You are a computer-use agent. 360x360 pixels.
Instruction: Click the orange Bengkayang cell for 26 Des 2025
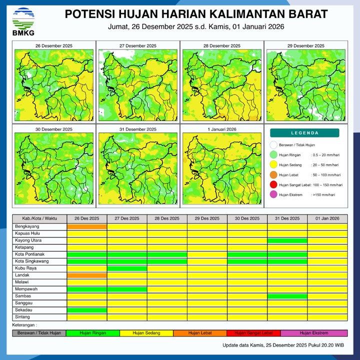(87, 226)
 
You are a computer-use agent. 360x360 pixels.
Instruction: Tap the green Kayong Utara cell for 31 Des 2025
(287, 240)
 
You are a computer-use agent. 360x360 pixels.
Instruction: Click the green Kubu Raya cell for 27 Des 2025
(127, 268)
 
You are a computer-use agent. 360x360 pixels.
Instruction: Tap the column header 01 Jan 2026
(327, 218)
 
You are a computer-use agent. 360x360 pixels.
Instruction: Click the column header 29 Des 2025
(207, 218)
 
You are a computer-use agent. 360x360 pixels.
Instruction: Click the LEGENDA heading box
(304, 133)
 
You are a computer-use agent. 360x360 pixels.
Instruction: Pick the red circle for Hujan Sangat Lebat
(273, 185)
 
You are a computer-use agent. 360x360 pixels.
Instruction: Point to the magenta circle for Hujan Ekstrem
(273, 194)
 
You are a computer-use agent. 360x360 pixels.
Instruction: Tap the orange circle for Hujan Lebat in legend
(273, 175)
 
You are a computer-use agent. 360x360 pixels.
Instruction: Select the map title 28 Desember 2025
(220, 46)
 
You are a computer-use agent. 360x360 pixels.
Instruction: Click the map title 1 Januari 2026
(220, 129)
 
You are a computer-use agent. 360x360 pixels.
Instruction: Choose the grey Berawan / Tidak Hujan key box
(39, 333)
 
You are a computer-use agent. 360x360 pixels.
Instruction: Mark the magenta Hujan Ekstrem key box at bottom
(314, 333)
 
